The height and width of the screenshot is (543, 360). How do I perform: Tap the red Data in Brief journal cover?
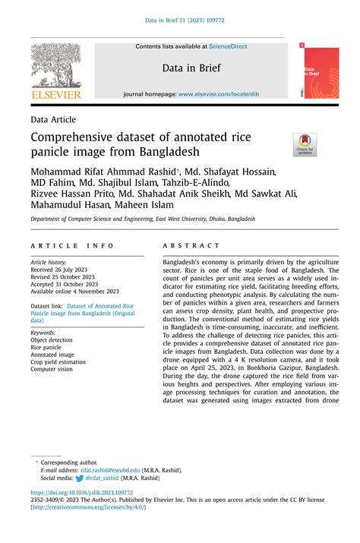321,73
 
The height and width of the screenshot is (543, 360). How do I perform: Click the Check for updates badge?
305,144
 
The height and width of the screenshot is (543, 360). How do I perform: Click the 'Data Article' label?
53,119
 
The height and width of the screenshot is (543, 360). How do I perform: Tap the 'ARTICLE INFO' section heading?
73,246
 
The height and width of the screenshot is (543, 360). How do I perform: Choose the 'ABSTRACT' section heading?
191,246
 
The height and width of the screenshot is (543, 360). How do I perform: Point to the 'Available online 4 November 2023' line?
74,291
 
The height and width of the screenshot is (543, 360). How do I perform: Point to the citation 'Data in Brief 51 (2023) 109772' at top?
180,21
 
